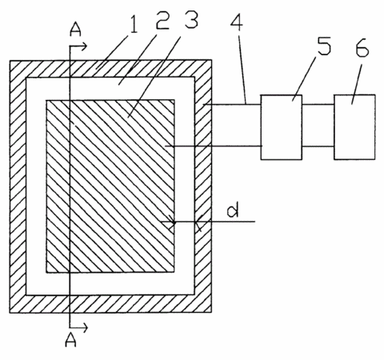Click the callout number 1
pos(134,23)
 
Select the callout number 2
pos(162,19)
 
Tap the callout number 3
pos(192,18)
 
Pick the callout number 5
pos(324,46)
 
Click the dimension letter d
pos(233,210)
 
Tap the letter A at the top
pos(75,30)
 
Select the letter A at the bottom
pos(71,340)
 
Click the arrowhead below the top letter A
pos(84,46)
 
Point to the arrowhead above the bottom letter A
pos(84,327)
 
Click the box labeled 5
pos(282,127)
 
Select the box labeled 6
pos(354,127)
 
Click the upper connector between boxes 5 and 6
pos(318,104)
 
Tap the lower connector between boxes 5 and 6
pos(318,146)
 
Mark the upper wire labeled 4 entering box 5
pos(231,104)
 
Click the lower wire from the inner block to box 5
pos(214,146)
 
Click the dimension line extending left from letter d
pos(208,222)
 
